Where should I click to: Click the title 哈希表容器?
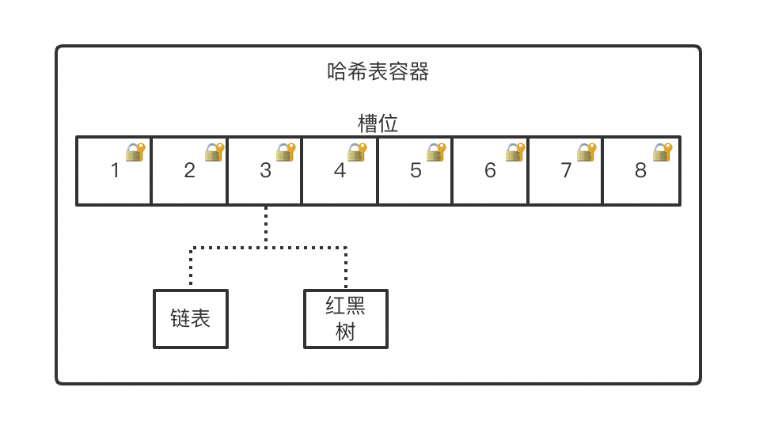pos(378,72)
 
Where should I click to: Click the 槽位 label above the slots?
pos(378,123)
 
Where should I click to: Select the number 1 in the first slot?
pos(115,170)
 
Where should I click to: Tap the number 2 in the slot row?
pos(189,170)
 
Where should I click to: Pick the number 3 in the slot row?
pos(265,170)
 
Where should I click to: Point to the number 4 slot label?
pos(340,170)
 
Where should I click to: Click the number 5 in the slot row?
pos(416,170)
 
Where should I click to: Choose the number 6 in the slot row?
pos(490,170)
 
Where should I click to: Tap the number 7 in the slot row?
pos(566,170)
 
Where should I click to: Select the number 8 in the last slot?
pos(640,170)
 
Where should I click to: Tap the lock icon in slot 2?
pos(214,152)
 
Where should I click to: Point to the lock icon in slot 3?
pos(286,152)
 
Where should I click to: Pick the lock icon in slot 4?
pos(357,152)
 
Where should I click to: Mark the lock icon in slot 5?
pos(436,152)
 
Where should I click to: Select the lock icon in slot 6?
pos(515,152)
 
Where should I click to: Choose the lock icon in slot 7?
pos(586,152)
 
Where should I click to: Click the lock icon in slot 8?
pos(662,152)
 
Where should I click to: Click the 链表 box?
pos(191,318)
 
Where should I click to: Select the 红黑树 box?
pos(346,318)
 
